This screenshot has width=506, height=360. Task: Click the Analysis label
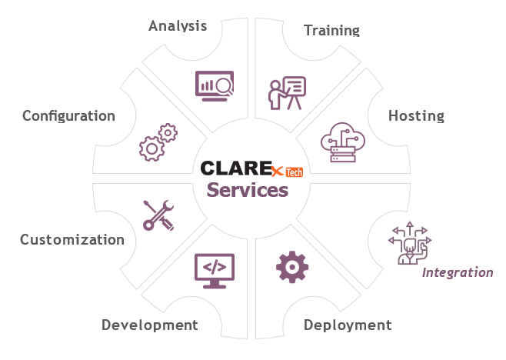tap(178, 26)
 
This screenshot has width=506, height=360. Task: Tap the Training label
tap(331, 30)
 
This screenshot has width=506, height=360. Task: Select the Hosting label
tap(416, 116)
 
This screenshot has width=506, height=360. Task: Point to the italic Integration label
tap(458, 273)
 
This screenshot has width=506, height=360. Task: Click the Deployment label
tap(348, 325)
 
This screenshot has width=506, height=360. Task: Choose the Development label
tap(150, 325)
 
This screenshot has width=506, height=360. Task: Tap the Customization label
tap(72, 239)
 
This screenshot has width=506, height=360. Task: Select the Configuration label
tap(68, 116)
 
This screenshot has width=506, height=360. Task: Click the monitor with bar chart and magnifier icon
tap(215, 86)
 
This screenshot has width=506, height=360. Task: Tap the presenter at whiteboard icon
tap(287, 93)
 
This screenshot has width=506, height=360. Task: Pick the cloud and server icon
tap(343, 142)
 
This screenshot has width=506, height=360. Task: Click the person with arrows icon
tap(410, 243)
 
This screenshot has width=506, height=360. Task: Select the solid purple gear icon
tap(292, 267)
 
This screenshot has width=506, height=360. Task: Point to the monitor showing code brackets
tap(215, 271)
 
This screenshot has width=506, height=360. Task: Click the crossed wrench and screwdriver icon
tap(158, 215)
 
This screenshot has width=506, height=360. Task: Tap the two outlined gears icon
tap(158, 142)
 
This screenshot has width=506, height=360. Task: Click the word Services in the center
tap(248, 190)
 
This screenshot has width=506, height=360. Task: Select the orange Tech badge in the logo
tap(295, 172)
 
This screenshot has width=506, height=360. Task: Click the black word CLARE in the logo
tap(236, 168)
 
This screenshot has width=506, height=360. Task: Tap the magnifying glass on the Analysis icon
tap(225, 86)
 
